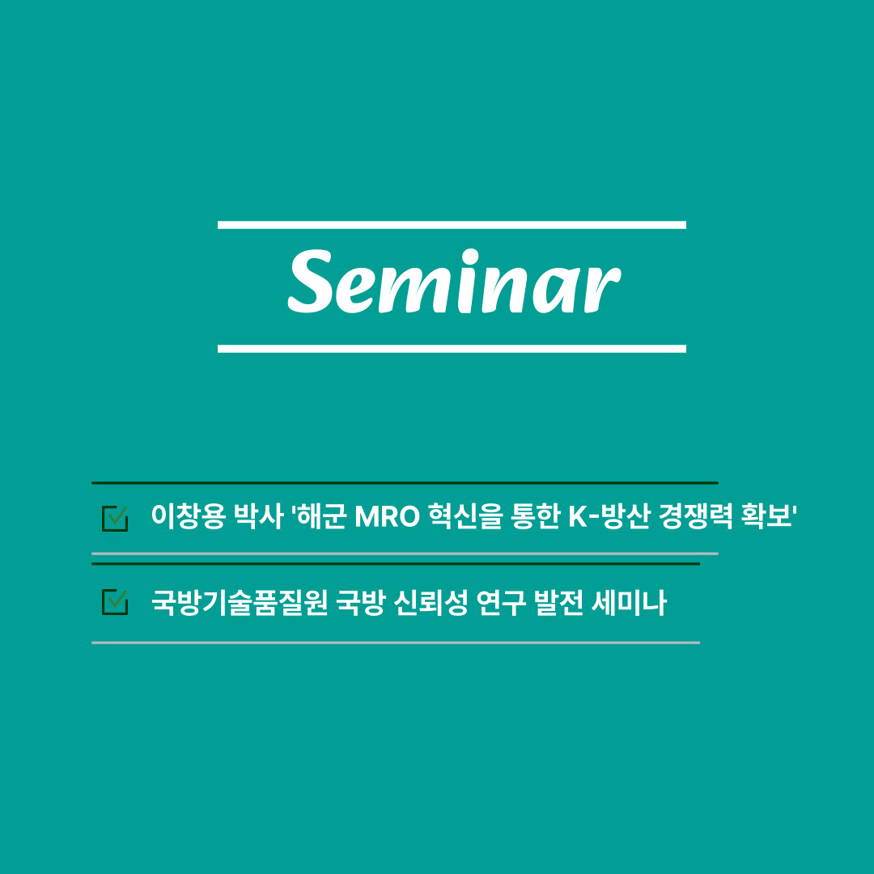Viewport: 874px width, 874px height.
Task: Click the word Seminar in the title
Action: (x=454, y=282)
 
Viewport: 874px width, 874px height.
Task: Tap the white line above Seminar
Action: (x=452, y=225)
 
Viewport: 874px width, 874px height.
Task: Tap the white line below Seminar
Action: (x=452, y=349)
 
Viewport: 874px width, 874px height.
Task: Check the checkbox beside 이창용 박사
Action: (x=115, y=519)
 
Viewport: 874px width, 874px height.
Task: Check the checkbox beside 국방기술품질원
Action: (x=115, y=602)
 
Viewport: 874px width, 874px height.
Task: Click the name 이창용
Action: (x=189, y=516)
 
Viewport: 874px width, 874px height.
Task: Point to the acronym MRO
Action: (x=387, y=516)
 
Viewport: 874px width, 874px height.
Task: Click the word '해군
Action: (x=319, y=516)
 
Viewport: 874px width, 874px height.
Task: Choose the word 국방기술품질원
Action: (x=240, y=603)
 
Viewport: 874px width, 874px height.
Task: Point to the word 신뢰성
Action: (x=431, y=603)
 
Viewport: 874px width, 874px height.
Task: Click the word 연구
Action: (x=501, y=603)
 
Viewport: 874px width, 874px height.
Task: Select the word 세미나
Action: (x=630, y=603)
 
